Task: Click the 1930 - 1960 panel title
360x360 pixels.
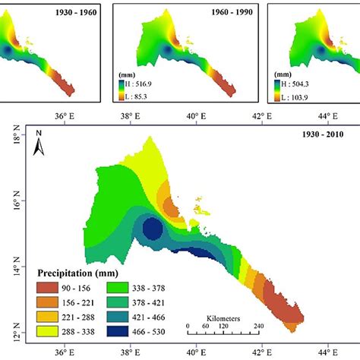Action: point(69,12)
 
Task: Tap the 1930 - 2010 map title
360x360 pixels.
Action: point(321,135)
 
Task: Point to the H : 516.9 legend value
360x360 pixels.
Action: point(141,86)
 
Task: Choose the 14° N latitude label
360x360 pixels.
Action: point(16,268)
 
